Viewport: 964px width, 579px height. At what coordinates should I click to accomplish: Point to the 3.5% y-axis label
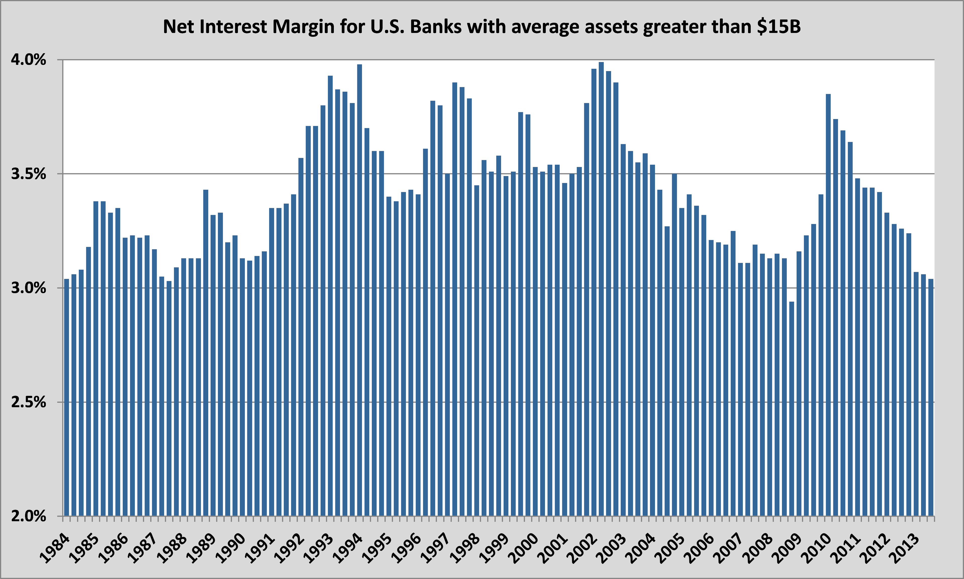28,174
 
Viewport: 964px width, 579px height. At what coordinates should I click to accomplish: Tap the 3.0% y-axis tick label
28,288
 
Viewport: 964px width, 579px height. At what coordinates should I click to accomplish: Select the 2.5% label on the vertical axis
28,402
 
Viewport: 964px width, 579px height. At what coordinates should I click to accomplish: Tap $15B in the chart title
778,27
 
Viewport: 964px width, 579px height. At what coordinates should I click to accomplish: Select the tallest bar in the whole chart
601,289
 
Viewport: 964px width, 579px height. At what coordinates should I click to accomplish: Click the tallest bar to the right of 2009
828,304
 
